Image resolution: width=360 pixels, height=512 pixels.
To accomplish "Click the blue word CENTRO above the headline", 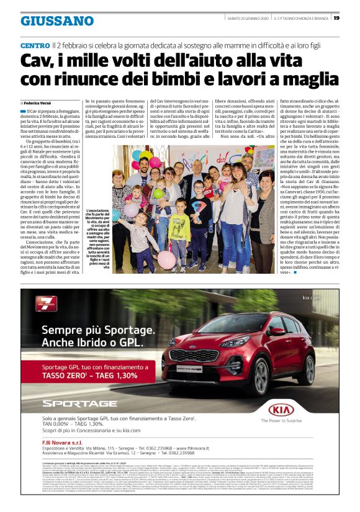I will tap(35, 47).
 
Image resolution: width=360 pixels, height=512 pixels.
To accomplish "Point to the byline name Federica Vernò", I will tap(40, 102).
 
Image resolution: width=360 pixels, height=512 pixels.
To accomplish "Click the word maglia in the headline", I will tap(310, 79).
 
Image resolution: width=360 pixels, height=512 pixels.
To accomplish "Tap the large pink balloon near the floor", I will tap(165, 259).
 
